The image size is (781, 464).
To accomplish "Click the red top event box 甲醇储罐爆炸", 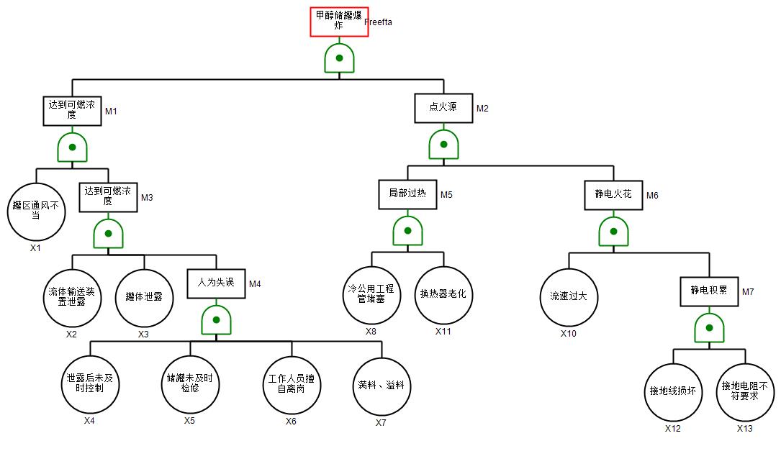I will click(339, 22).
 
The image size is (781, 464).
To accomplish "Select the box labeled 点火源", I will click(443, 108).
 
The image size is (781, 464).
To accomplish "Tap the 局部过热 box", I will click(407, 194).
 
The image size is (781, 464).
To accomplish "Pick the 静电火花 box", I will click(613, 195).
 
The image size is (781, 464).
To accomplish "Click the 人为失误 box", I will click(216, 283).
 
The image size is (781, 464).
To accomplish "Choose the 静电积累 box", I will click(709, 291).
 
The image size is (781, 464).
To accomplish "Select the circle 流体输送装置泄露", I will click(71, 297).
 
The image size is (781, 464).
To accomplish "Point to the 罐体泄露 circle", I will click(144, 297).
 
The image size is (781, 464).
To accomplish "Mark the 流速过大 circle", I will click(569, 297).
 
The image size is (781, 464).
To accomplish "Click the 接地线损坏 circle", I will click(672, 392).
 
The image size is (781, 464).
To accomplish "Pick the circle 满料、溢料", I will click(381, 386).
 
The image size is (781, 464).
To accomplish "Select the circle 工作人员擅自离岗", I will click(291, 385).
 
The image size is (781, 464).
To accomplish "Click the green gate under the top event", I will click(339, 58).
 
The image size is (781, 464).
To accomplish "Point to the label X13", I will click(744, 429).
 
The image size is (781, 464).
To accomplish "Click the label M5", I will click(446, 195).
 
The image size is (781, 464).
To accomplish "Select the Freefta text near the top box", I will click(378, 22).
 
